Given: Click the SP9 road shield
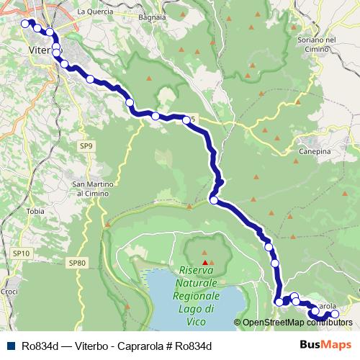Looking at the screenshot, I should tap(86, 146).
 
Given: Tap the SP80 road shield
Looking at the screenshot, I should tap(77, 263).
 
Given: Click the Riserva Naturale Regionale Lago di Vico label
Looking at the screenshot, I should tap(202, 288).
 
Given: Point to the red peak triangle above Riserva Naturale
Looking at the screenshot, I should tap(204, 252).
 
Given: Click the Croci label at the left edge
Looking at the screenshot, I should tap(9, 292).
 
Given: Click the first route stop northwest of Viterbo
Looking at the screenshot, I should tap(25, 23).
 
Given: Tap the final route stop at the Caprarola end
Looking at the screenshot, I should tap(334, 315).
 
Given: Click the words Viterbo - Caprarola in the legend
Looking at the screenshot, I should tap(114, 344).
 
